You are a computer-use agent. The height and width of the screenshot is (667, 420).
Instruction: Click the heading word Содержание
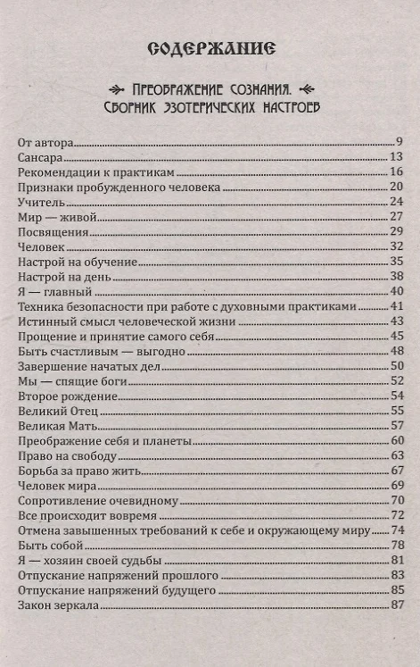pyautogui.click(x=210, y=46)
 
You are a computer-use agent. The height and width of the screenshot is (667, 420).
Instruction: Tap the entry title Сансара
pyautogui.click(x=39, y=157)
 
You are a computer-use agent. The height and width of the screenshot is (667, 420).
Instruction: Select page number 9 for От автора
pyautogui.click(x=401, y=141)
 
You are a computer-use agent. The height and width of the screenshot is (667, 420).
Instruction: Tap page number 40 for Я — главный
pyautogui.click(x=398, y=290)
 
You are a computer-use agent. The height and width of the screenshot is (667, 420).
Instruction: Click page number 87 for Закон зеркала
pyautogui.click(x=398, y=605)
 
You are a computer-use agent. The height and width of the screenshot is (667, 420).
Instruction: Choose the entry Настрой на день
pyautogui.click(x=64, y=276)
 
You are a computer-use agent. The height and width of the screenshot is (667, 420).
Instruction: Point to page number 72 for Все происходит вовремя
pyautogui.click(x=398, y=515)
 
